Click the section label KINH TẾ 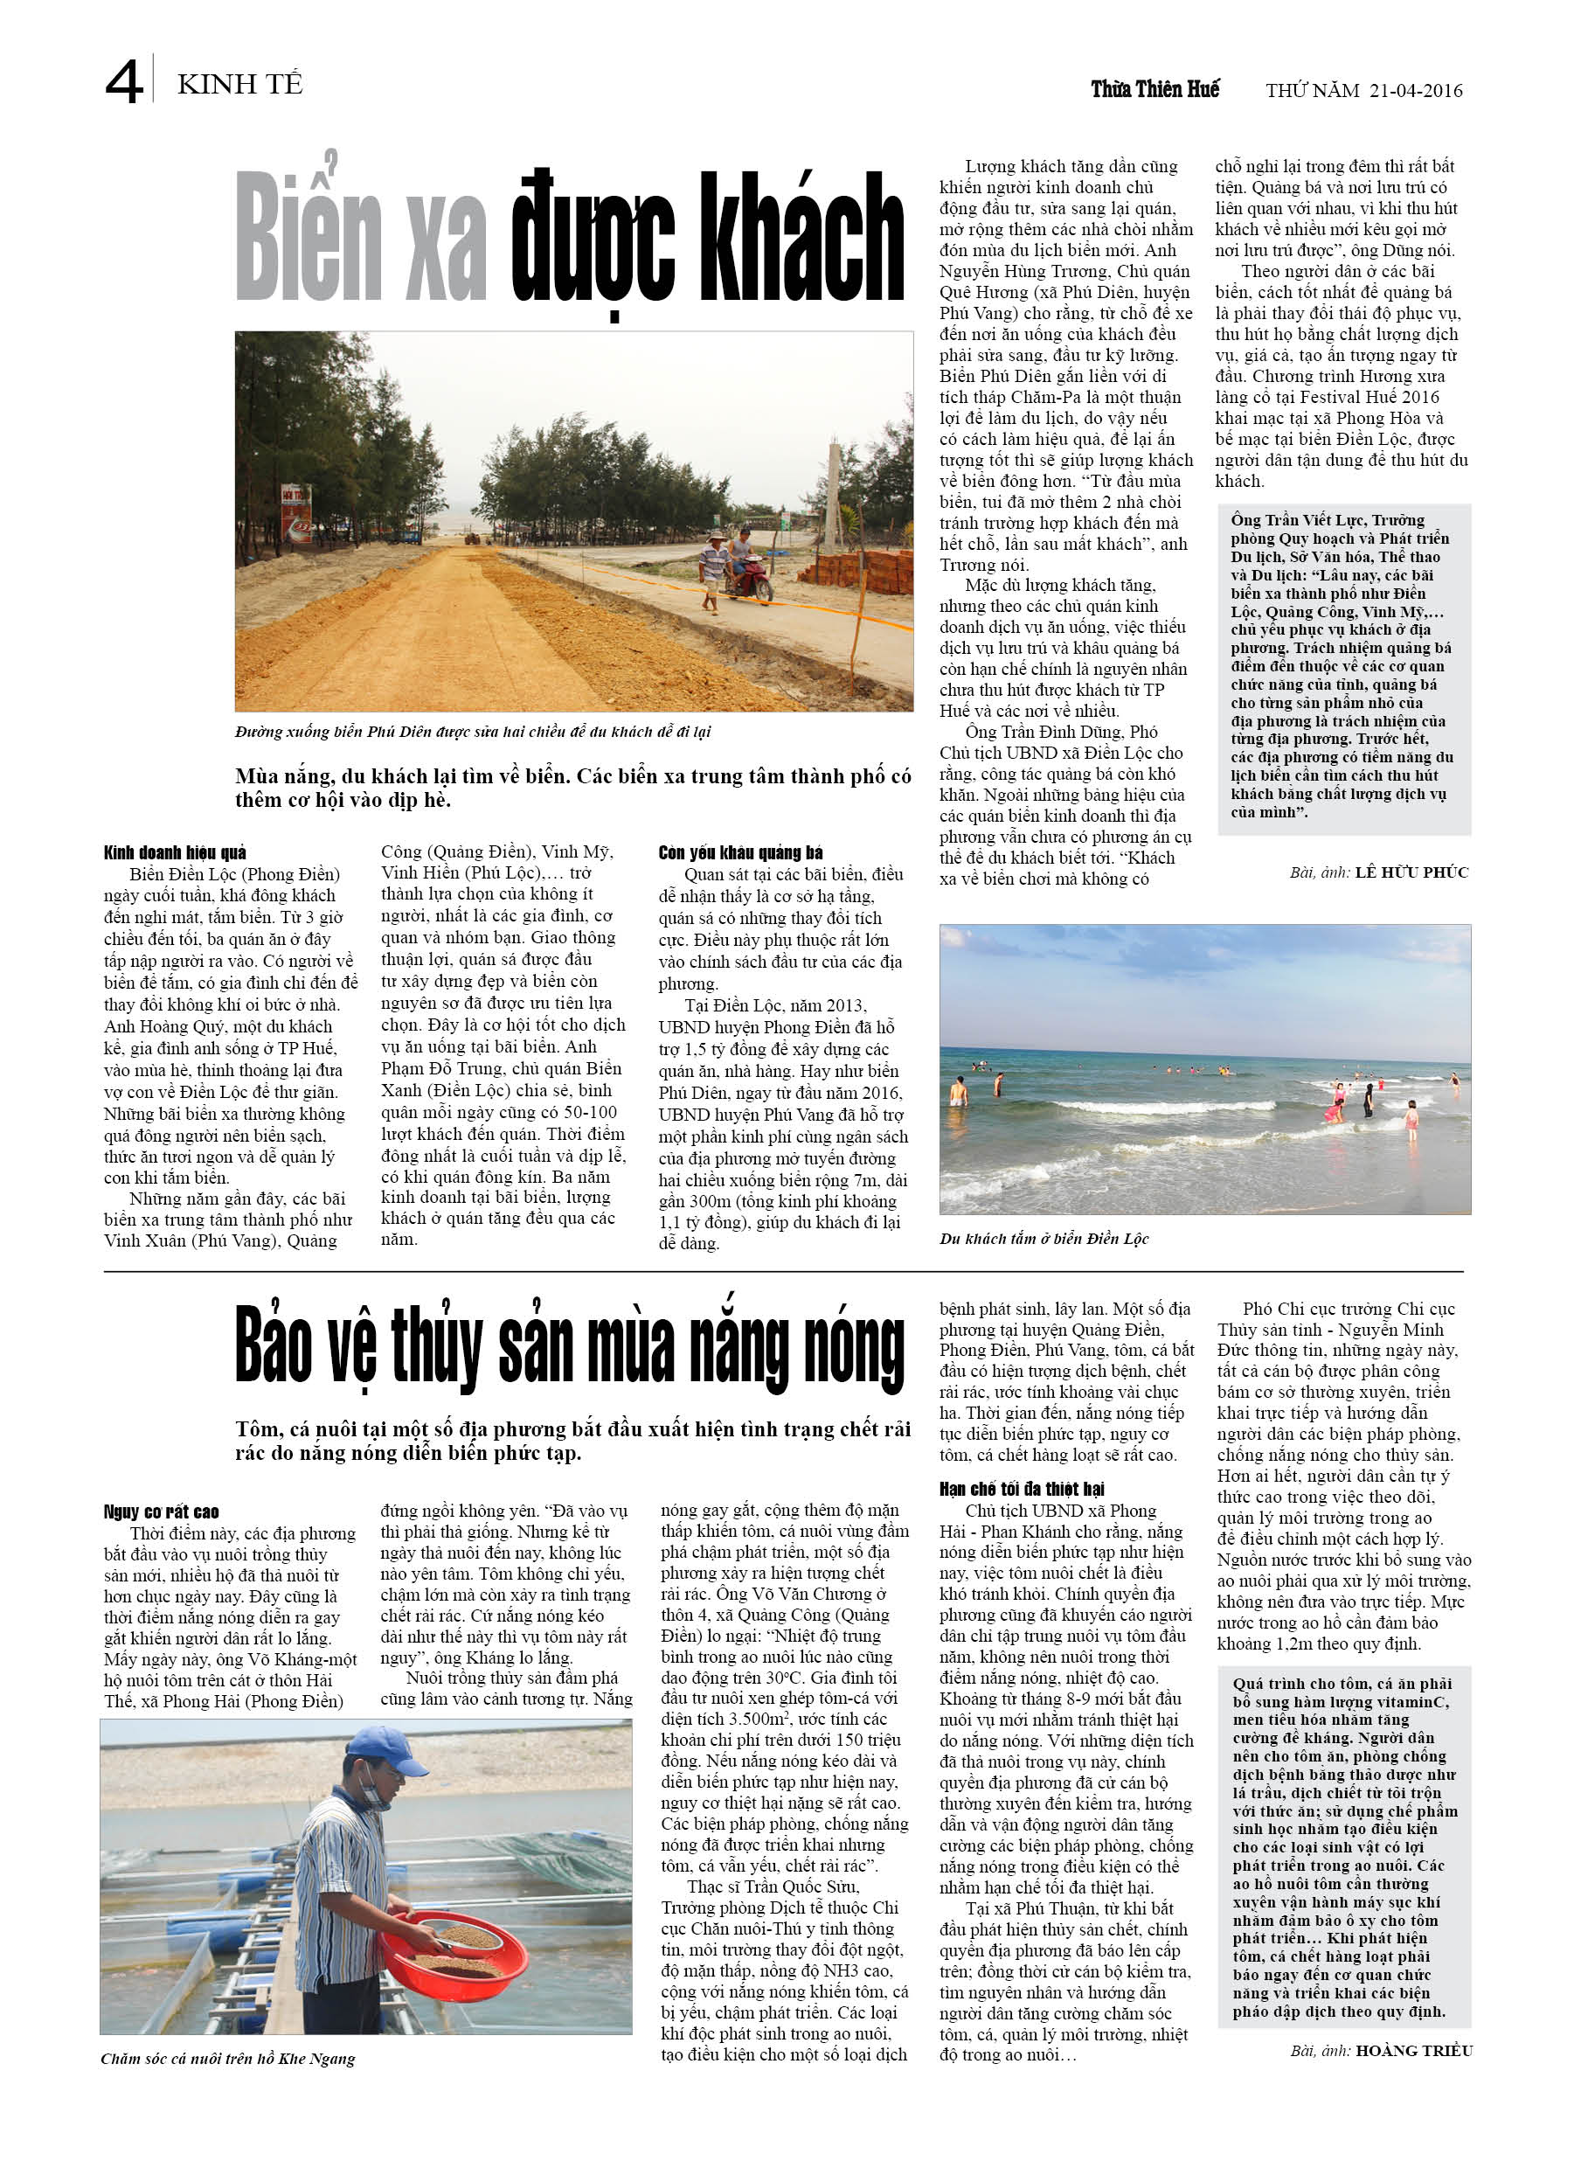pyautogui.click(x=239, y=85)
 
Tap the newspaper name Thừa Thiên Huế pyautogui.click(x=1154, y=90)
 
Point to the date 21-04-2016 pyautogui.click(x=1414, y=91)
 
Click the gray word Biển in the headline pyautogui.click(x=308, y=237)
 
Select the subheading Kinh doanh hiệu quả pyautogui.click(x=175, y=852)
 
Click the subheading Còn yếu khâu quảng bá pyautogui.click(x=739, y=852)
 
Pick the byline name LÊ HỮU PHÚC pyautogui.click(x=1411, y=872)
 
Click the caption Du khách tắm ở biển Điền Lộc pyautogui.click(x=1044, y=1239)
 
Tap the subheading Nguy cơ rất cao pyautogui.click(x=162, y=1511)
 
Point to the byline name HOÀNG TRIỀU pyautogui.click(x=1413, y=2051)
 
